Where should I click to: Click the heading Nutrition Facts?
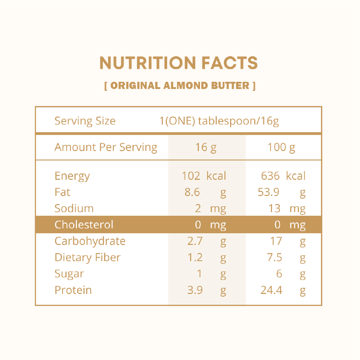click(x=179, y=63)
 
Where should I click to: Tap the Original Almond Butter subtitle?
click(x=180, y=85)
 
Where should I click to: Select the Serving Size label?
click(x=85, y=121)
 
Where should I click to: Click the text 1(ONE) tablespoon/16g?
click(x=219, y=121)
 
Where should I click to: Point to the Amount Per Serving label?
click(x=106, y=147)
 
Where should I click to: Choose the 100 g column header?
click(x=281, y=147)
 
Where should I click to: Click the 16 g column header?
click(x=206, y=147)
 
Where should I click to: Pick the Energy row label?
click(x=72, y=176)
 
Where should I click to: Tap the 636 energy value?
click(x=270, y=176)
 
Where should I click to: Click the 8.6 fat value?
click(x=192, y=192)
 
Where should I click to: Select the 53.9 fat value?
click(x=269, y=192)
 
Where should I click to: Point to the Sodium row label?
click(x=74, y=209)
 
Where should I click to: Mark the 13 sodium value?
click(x=274, y=209)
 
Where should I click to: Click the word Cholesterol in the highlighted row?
click(x=84, y=225)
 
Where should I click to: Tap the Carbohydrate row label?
click(x=90, y=241)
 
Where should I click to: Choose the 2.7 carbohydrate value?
click(x=195, y=241)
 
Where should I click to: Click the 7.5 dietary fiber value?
click(x=275, y=258)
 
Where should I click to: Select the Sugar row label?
click(x=69, y=274)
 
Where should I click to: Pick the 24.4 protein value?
click(x=271, y=290)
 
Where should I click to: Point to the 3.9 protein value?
click(x=195, y=290)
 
